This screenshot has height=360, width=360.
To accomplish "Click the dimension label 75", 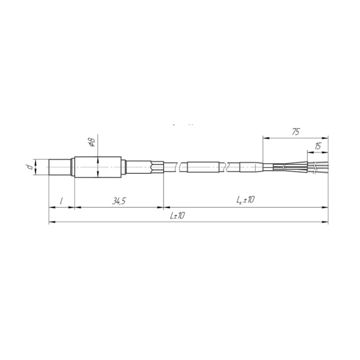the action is point(296,132).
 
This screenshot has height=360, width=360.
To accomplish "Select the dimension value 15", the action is point(318,146).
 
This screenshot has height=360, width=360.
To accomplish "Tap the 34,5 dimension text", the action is point(119,201).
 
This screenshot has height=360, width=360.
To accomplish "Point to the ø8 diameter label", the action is point(92,142).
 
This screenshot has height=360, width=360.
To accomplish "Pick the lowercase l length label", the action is point(61,202).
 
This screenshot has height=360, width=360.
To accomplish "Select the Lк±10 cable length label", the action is point(245,200).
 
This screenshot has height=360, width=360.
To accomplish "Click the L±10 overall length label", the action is point(177,215).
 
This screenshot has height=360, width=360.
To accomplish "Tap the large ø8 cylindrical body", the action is point(98,167).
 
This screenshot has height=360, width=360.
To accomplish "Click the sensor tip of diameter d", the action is point(60,167).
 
